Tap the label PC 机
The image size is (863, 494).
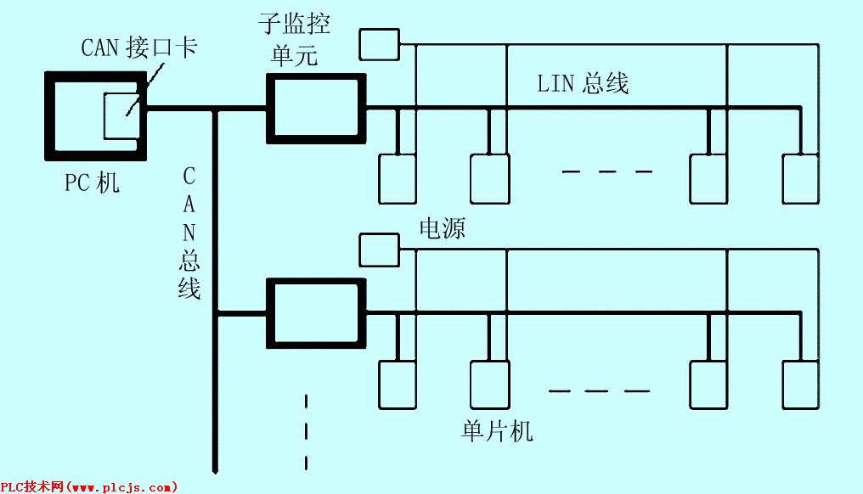point(92,182)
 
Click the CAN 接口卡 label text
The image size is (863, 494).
point(138,47)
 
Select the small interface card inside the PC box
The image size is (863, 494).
point(104,115)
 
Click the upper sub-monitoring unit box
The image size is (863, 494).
point(271,109)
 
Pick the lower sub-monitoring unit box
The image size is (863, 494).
point(271,313)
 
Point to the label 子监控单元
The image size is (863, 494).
point(294,40)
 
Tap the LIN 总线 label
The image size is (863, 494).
point(583,84)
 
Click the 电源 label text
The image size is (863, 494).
point(442,227)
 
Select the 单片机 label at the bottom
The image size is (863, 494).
point(497,430)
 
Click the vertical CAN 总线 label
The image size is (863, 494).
point(189,233)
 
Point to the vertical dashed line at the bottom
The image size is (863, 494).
point(306,432)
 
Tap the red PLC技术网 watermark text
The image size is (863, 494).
point(88,487)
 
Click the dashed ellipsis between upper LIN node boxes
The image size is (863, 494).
point(607,171)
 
